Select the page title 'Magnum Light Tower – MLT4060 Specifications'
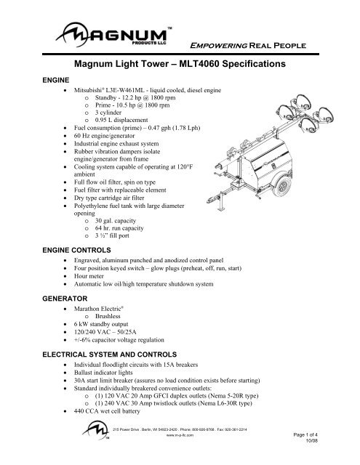point(180,65)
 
